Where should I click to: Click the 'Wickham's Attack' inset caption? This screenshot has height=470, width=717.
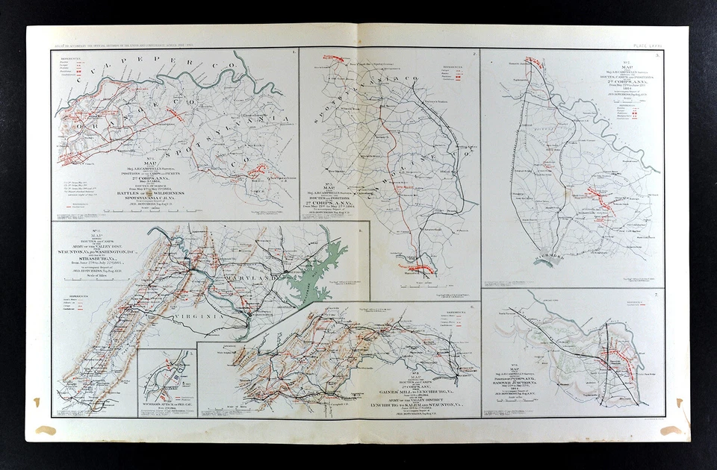tap(166, 406)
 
